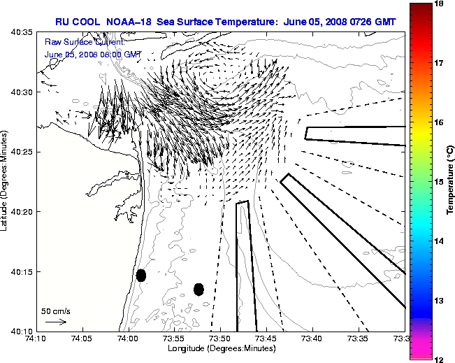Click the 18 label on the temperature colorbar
click(439, 3)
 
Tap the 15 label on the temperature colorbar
click(439, 181)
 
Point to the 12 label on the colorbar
click(439, 359)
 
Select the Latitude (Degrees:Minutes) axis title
click(5, 182)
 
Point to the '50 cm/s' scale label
click(55, 311)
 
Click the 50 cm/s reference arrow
click(55, 322)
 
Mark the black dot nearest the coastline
click(141, 275)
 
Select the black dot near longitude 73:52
click(198, 289)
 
